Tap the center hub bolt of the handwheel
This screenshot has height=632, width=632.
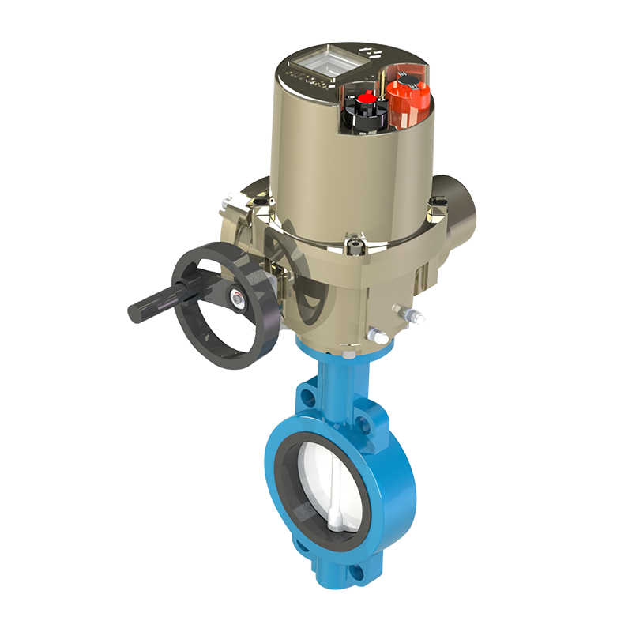[x=236, y=297]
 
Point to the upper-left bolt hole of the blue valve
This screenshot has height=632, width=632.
[x=306, y=393]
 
